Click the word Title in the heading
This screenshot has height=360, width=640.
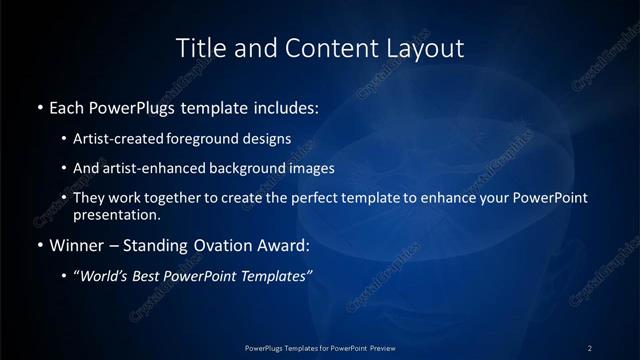coord(199,47)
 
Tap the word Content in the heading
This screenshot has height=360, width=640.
coord(313,47)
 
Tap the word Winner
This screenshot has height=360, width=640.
coord(76,245)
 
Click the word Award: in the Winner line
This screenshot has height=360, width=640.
coord(283,245)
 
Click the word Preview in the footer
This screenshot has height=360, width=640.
coord(396,347)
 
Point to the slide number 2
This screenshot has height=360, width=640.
coord(590,347)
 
